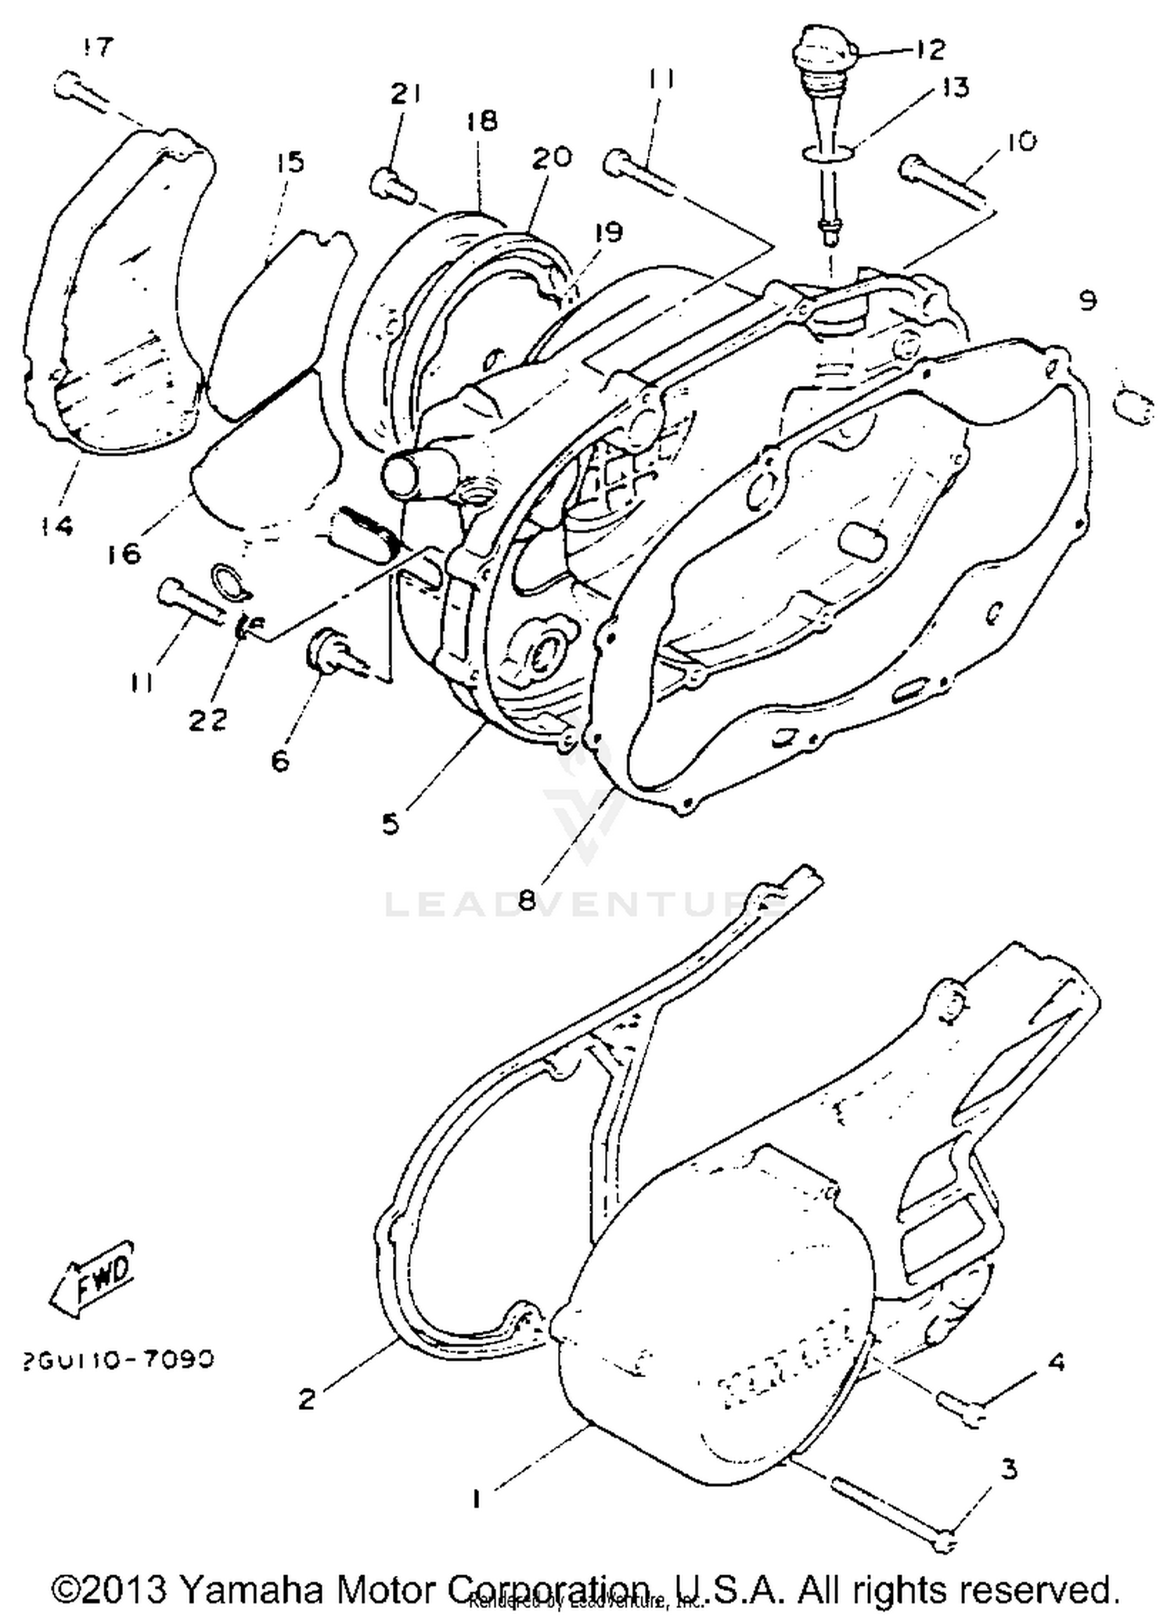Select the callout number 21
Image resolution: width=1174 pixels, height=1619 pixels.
(406, 94)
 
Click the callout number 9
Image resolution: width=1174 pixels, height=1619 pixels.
(1087, 300)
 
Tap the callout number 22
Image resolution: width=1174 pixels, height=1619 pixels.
(208, 719)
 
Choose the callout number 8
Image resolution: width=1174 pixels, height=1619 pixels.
(527, 900)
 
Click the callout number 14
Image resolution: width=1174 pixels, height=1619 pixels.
(56, 525)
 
